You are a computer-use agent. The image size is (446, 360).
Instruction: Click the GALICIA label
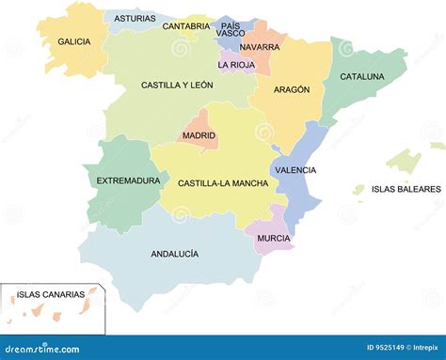(73, 41)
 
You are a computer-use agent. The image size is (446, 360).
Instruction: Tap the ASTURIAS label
(135, 18)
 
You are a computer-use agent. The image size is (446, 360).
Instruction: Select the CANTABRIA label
(186, 26)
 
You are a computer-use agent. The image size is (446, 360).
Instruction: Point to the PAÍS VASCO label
(231, 29)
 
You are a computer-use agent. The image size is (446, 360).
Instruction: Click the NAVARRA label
(260, 47)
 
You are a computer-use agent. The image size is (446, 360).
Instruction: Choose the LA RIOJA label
(236, 65)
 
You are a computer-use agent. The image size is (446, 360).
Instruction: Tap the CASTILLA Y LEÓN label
(177, 85)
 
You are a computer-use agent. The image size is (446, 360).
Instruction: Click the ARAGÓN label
(292, 89)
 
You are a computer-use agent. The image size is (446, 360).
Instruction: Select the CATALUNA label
(362, 76)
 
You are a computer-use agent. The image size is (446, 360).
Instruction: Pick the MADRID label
(199, 135)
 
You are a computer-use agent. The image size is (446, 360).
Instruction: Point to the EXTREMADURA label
(128, 180)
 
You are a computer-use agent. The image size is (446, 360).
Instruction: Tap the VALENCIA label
(295, 170)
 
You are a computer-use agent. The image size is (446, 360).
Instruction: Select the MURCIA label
(273, 238)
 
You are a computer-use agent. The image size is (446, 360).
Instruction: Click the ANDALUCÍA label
(174, 254)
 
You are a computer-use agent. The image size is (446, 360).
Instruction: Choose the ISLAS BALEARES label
(406, 189)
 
